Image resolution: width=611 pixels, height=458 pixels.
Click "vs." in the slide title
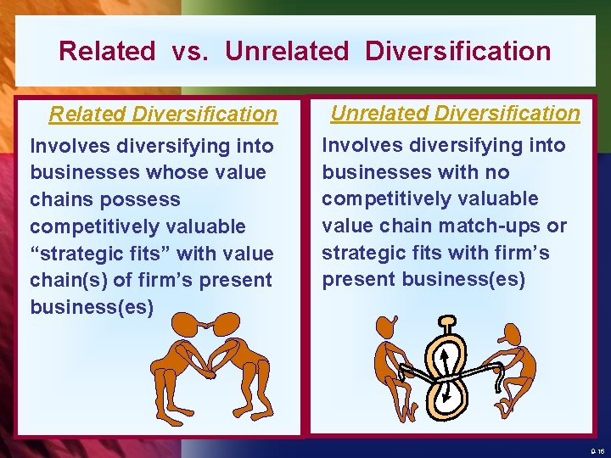pyautogui.click(x=189, y=51)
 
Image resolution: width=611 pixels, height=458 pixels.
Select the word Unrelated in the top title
pyautogui.click(x=287, y=51)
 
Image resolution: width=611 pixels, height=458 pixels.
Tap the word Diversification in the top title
pyautogui.click(x=458, y=51)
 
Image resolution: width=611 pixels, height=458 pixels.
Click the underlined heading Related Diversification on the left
pyautogui.click(x=163, y=114)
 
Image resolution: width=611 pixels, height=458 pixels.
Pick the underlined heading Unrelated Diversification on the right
pyautogui.click(x=455, y=113)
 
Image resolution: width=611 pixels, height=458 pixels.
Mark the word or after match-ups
pyautogui.click(x=557, y=226)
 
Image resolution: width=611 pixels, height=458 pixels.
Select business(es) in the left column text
pyautogui.click(x=92, y=307)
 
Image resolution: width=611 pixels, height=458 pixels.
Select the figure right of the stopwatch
pyautogui.click(x=512, y=364)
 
